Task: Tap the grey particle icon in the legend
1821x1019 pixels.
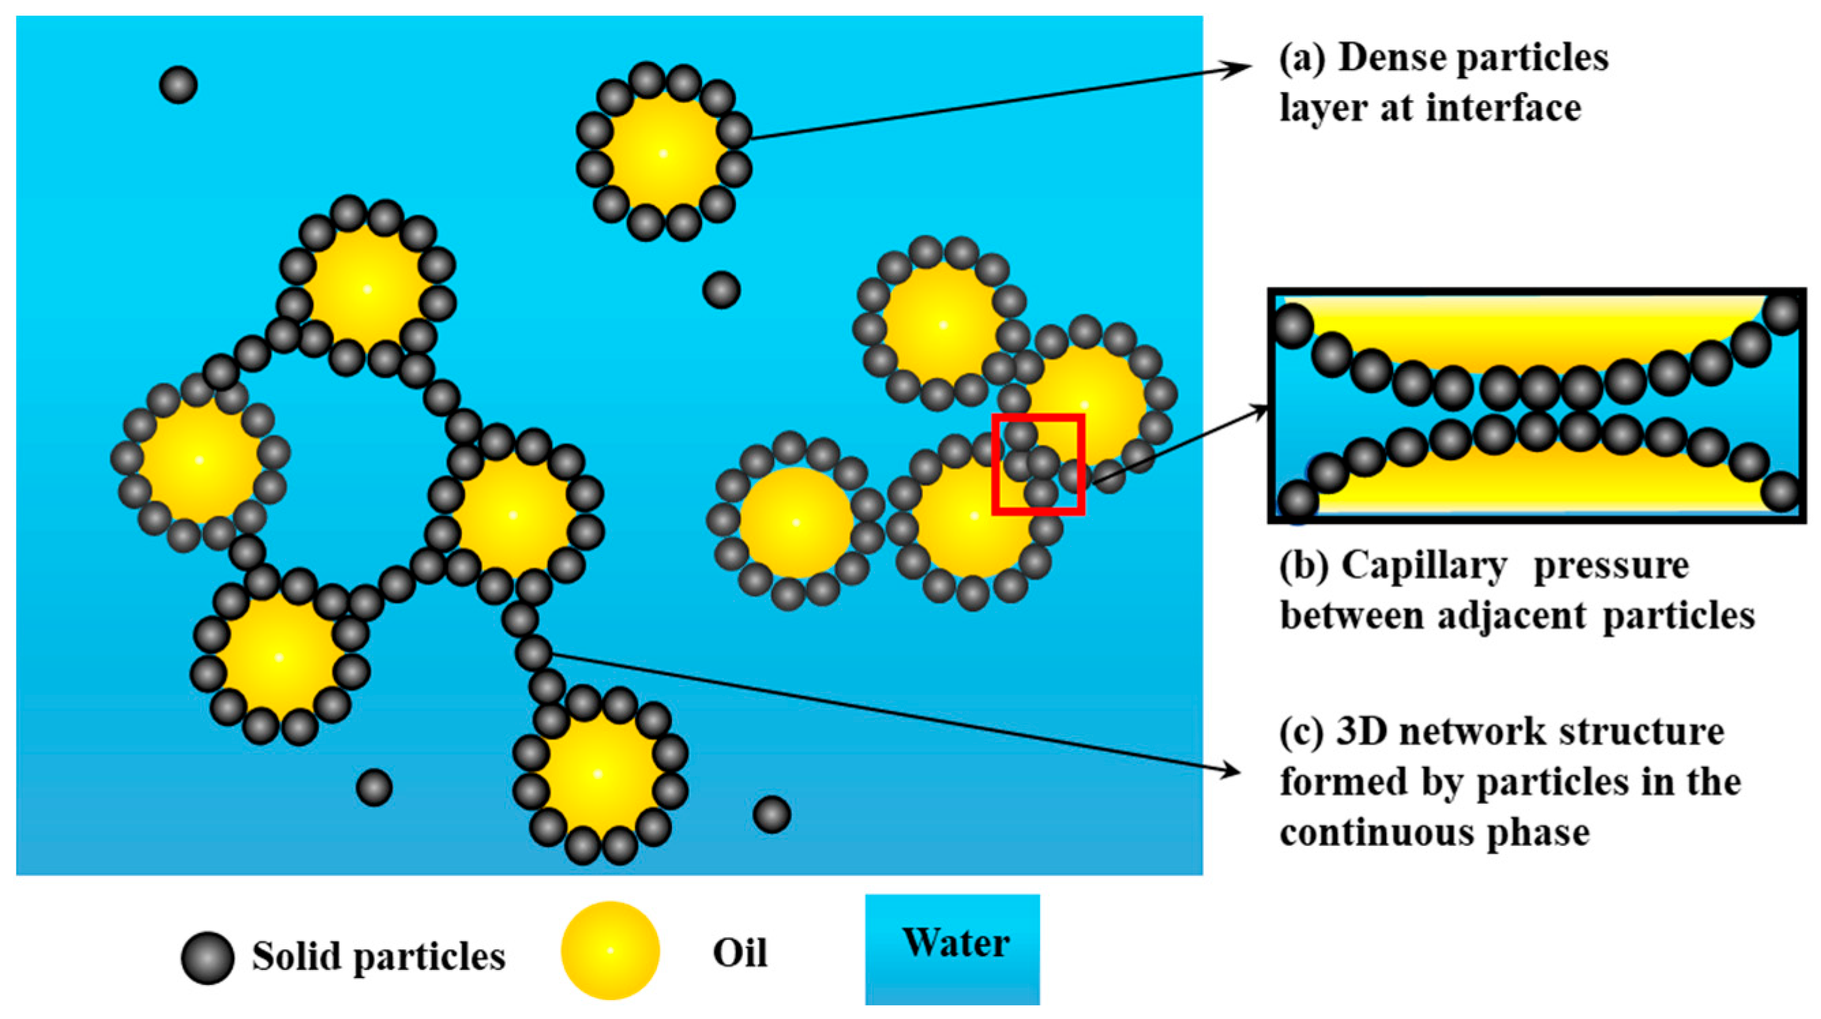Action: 207,958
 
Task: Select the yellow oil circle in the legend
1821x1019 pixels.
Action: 609,950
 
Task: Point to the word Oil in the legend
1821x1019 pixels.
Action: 739,954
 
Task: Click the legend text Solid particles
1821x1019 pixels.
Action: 379,958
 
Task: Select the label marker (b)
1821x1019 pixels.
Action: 1305,566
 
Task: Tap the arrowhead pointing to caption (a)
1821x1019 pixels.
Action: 1241,68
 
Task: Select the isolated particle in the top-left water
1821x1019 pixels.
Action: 178,84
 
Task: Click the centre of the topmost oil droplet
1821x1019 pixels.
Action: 663,153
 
